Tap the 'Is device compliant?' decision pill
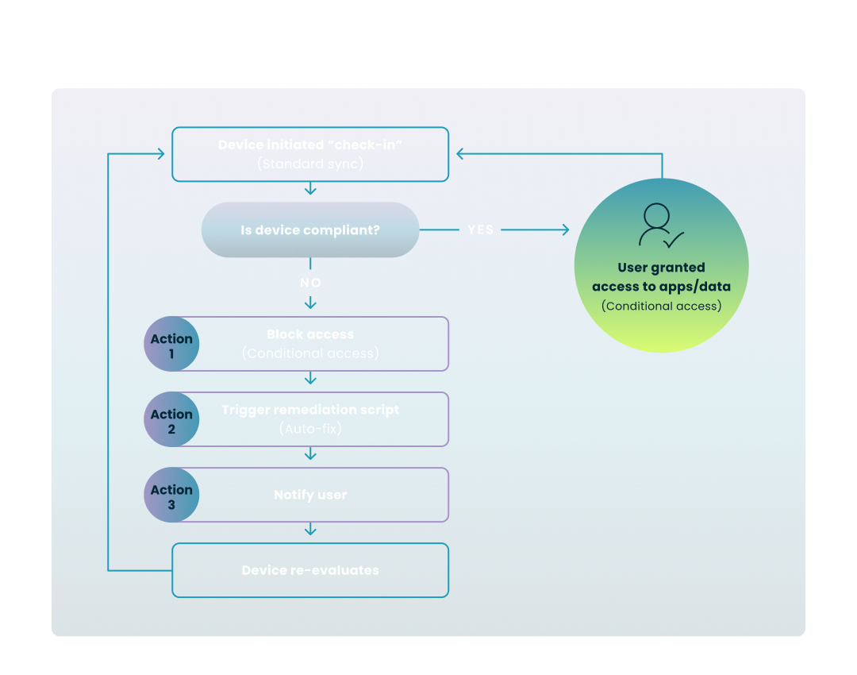pyautogui.click(x=310, y=230)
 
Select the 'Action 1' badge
pyautogui.click(x=171, y=345)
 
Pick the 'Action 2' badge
pyautogui.click(x=171, y=421)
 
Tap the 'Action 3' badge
pyautogui.click(x=171, y=496)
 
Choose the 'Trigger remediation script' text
pyautogui.click(x=310, y=410)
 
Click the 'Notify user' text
pyautogui.click(x=310, y=495)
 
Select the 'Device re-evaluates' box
pyautogui.click(x=310, y=570)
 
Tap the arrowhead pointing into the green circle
pyautogui.click(x=565, y=230)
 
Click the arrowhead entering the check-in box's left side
pyautogui.click(x=161, y=154)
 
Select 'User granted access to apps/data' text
pyautogui.click(x=661, y=277)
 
